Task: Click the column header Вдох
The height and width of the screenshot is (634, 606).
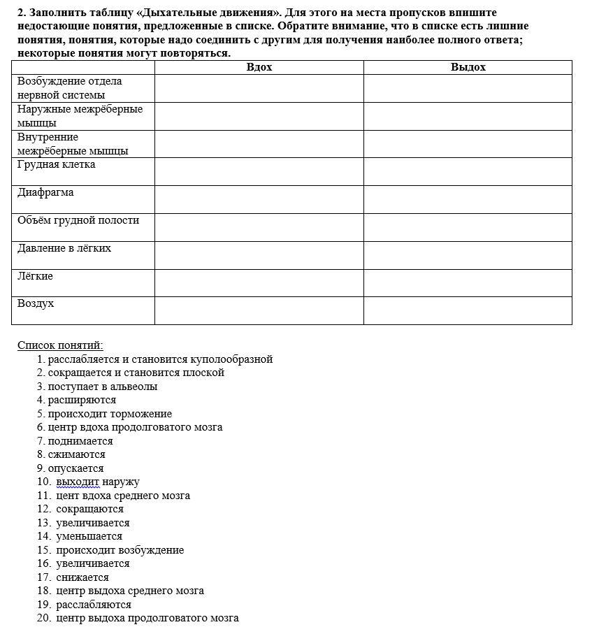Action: pos(259,67)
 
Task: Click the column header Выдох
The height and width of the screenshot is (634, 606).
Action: pos(468,67)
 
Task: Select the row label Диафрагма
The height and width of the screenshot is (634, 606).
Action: pos(45,192)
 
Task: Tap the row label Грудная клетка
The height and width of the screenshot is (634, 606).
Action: pos(57,165)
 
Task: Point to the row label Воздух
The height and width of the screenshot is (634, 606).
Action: pos(36,303)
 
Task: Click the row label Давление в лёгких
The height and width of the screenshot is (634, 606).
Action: pos(64,248)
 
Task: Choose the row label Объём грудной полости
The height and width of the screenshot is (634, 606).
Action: pos(78,220)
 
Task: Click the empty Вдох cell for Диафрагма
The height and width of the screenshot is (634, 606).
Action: pos(259,199)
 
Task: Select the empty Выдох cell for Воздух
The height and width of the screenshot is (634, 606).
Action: pos(468,310)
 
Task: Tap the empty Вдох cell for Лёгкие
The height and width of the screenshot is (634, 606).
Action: pos(259,282)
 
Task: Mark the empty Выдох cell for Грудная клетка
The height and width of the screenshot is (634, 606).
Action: pos(468,171)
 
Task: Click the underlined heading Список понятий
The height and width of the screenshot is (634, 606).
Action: pos(60,345)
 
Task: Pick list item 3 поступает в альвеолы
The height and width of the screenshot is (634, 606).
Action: pos(102,387)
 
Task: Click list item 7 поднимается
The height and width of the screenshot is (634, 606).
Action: pos(80,441)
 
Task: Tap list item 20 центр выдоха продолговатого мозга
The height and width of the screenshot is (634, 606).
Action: pos(147,618)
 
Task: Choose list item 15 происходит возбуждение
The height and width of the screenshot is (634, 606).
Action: pos(120,550)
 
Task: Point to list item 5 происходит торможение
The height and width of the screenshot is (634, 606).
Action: pos(109,414)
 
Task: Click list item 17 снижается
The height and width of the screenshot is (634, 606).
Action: pos(82,577)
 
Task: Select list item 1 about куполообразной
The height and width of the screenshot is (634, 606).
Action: pos(159,359)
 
